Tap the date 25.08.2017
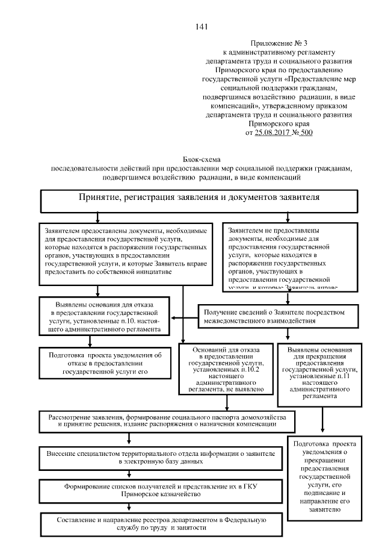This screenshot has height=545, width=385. (x=275, y=132)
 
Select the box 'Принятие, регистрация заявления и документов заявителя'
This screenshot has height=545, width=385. (x=199, y=199)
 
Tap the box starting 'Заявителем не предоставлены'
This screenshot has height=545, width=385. (x=290, y=257)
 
